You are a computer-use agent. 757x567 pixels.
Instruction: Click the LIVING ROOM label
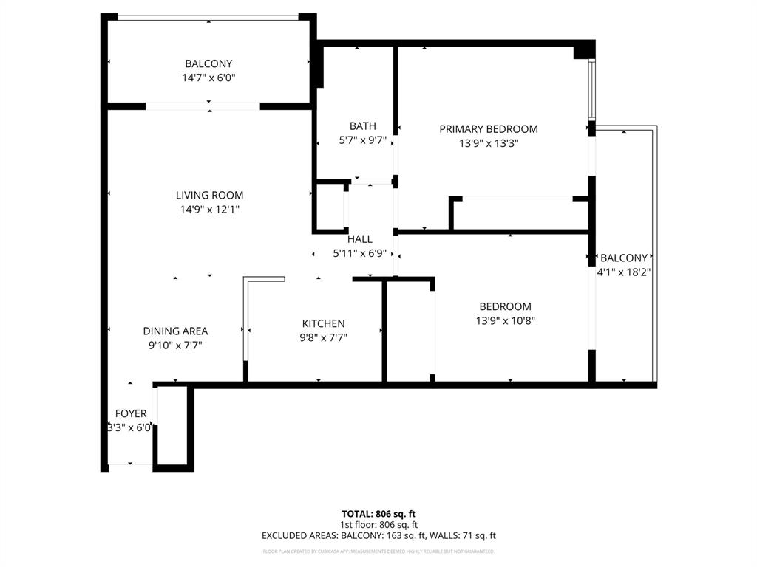pyautogui.click(x=209, y=196)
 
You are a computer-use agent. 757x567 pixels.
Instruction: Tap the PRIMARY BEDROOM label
pyautogui.click(x=488, y=129)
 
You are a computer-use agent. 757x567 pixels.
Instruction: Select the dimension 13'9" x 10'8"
pyautogui.click(x=505, y=320)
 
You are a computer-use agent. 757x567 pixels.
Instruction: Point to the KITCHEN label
pyautogui.click(x=323, y=323)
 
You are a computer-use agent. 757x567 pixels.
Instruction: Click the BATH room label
pyautogui.click(x=362, y=126)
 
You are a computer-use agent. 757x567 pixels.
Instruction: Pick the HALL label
pyautogui.click(x=360, y=239)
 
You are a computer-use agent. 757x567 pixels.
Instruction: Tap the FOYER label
pyautogui.click(x=130, y=413)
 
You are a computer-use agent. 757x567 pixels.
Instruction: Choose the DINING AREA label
pyautogui.click(x=175, y=331)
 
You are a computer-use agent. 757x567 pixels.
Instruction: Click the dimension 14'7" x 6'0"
pyautogui.click(x=208, y=78)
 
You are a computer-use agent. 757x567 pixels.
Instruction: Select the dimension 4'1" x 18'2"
pyautogui.click(x=623, y=272)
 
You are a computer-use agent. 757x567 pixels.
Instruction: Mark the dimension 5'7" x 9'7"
pyautogui.click(x=362, y=140)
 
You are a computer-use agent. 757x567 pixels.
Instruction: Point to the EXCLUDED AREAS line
pyautogui.click(x=378, y=535)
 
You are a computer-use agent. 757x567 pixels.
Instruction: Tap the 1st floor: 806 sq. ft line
pyautogui.click(x=378, y=524)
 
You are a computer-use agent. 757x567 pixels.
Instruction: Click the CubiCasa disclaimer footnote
pyautogui.click(x=378, y=551)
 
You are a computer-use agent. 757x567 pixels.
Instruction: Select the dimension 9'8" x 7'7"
pyautogui.click(x=323, y=337)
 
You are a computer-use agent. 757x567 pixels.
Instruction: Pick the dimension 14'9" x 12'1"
pyautogui.click(x=209, y=210)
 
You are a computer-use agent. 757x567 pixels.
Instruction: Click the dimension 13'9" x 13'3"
pyautogui.click(x=488, y=144)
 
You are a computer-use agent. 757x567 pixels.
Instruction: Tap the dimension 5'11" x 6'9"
pyautogui.click(x=360, y=253)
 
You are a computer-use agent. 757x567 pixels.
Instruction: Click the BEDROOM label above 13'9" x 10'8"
pyautogui.click(x=505, y=306)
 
